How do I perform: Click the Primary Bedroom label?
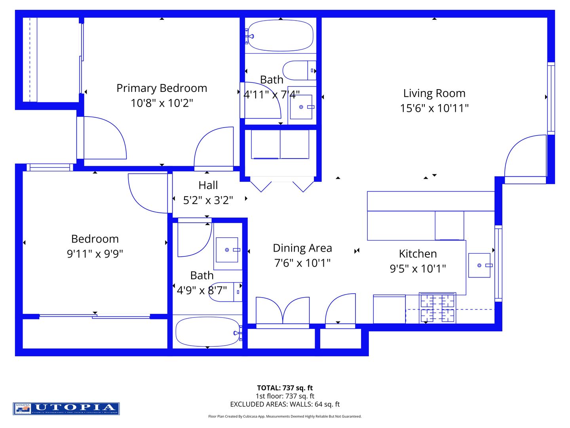tap(161, 88)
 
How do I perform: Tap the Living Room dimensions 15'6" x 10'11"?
tap(434, 108)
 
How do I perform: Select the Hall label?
tap(208, 185)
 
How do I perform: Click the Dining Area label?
tap(302, 248)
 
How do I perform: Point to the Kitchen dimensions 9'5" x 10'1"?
tap(418, 269)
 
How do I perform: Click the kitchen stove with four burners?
tap(437, 308)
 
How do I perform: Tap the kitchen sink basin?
tap(479, 265)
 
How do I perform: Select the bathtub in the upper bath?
tap(280, 36)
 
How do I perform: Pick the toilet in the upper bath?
tap(300, 71)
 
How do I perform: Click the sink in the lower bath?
tap(227, 250)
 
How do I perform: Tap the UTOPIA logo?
tap(66, 409)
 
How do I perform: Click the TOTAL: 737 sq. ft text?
tap(285, 388)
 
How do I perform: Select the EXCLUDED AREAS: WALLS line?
tap(285, 404)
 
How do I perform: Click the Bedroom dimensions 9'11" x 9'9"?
tap(95, 254)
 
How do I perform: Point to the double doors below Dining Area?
tap(283, 311)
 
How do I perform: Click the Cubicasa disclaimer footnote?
tap(285, 417)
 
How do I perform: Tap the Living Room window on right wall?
tap(551, 98)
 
